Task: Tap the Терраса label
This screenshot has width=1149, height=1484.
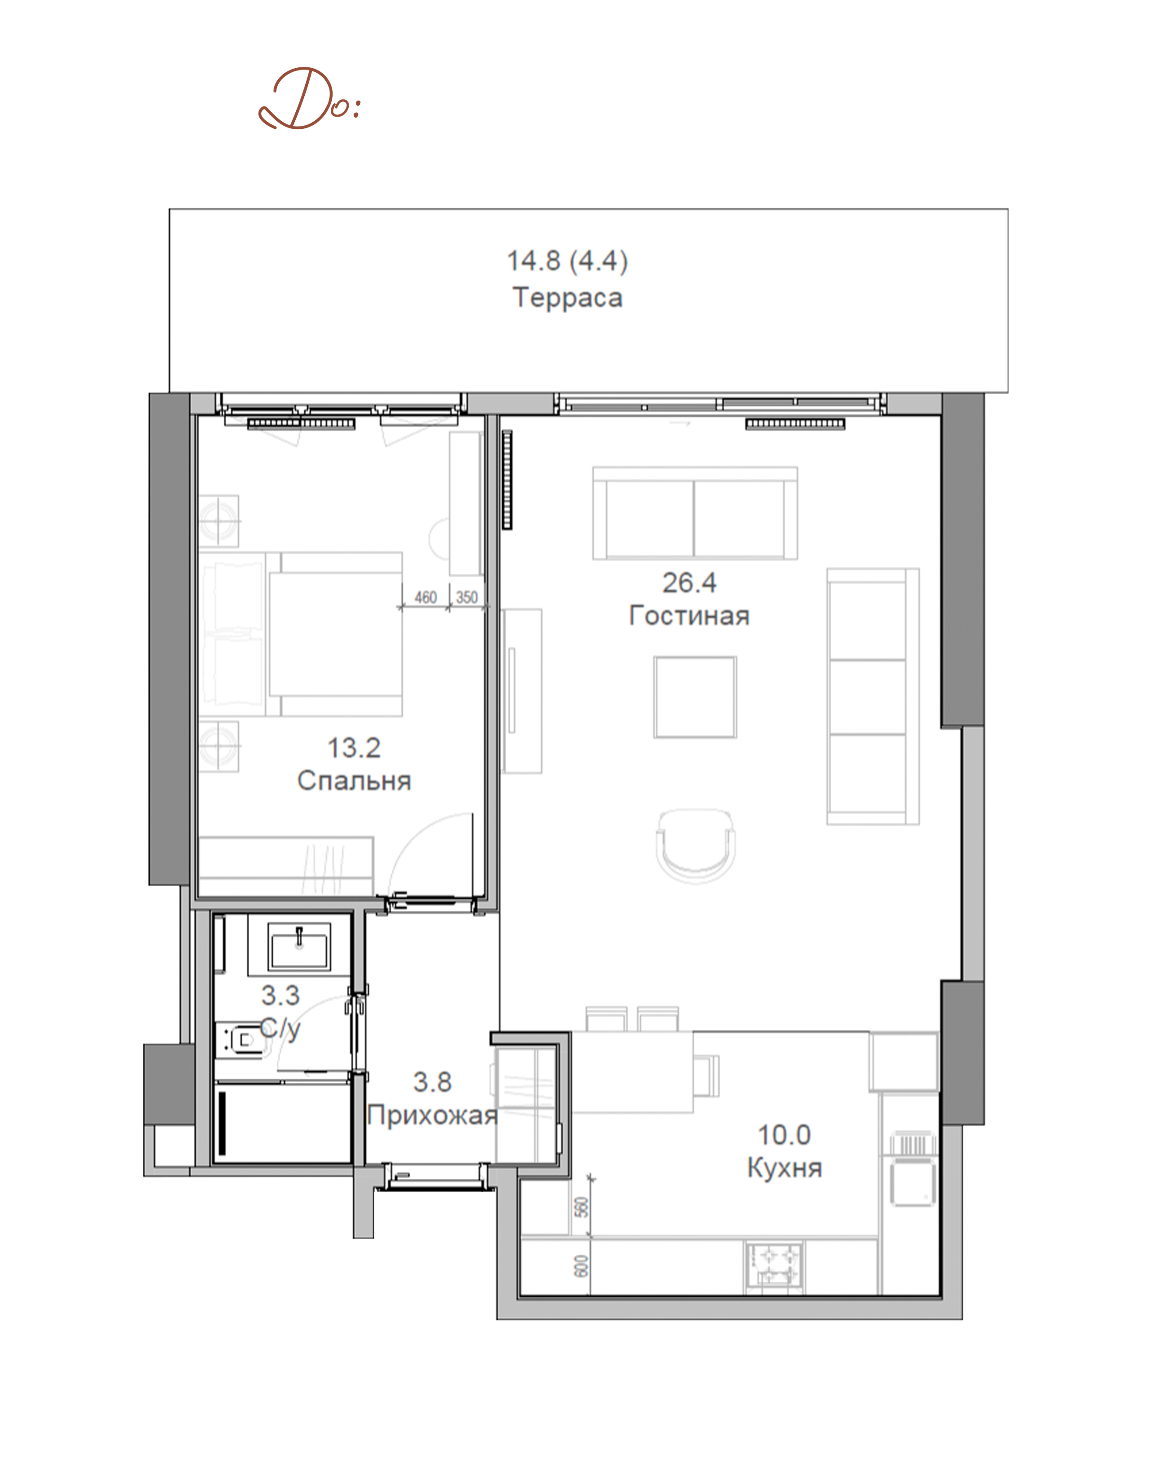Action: pos(567,298)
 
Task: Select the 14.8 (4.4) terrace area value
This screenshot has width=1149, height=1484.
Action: pos(567,261)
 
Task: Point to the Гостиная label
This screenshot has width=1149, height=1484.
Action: pos(689,615)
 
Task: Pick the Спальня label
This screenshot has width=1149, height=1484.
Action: pos(354,781)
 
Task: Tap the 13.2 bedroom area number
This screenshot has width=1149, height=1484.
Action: pos(354,748)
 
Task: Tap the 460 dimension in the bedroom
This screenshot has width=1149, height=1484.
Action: pos(425,597)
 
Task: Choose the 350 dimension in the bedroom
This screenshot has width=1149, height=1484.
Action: pos(467,597)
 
